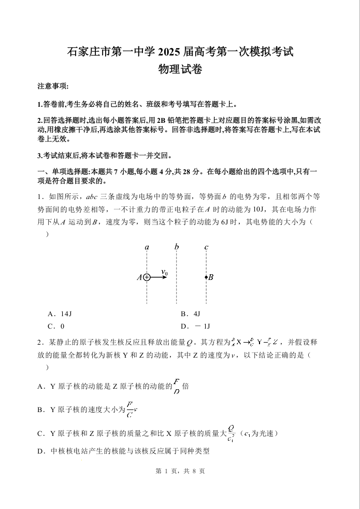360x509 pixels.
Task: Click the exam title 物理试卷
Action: [180, 68]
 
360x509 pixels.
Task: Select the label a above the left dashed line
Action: [147, 247]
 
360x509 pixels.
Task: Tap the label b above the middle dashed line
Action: [177, 247]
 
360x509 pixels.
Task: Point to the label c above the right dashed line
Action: [206, 247]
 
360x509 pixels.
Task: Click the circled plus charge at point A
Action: [147, 277]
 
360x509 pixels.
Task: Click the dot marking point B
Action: [206, 277]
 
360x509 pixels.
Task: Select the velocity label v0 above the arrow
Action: [164, 272]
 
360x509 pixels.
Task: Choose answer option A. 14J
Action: [59, 314]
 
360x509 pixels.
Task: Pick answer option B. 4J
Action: [190, 314]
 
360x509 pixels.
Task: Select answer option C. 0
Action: [55, 327]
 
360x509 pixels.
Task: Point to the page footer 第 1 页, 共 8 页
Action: [180, 471]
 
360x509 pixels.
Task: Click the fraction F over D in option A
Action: [177, 387]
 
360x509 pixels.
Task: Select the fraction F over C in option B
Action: [130, 409]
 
